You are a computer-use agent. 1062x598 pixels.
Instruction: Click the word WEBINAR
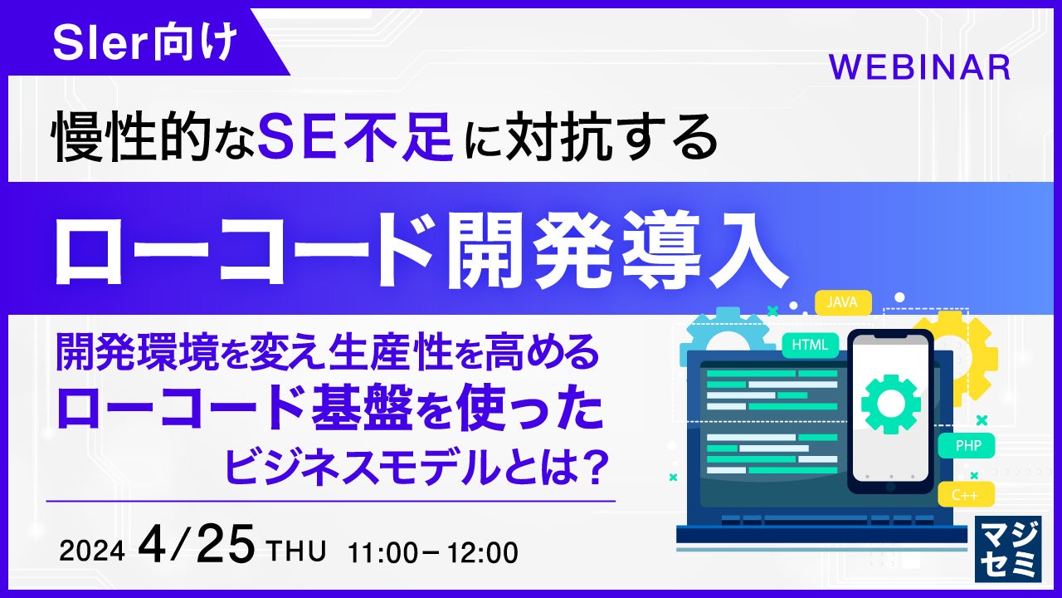920,68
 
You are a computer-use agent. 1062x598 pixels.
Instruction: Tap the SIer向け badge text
144,42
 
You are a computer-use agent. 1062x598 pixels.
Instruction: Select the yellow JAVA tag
843,302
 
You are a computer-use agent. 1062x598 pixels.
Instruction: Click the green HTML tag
810,345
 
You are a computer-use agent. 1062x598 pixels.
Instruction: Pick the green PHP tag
967,446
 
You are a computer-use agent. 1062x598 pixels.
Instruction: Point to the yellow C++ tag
966,495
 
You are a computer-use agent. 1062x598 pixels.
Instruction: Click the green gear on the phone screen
891,404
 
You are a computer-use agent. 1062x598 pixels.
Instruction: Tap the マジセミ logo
1008,549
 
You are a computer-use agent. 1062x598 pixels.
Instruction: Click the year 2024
92,551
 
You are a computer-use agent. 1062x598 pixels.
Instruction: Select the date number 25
226,544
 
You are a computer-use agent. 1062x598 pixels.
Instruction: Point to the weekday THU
297,551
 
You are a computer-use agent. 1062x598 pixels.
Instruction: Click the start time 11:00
382,553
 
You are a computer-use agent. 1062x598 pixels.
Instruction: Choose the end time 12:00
483,553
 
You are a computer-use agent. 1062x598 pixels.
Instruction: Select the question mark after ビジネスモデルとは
592,467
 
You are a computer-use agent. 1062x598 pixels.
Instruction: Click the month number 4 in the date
153,544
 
